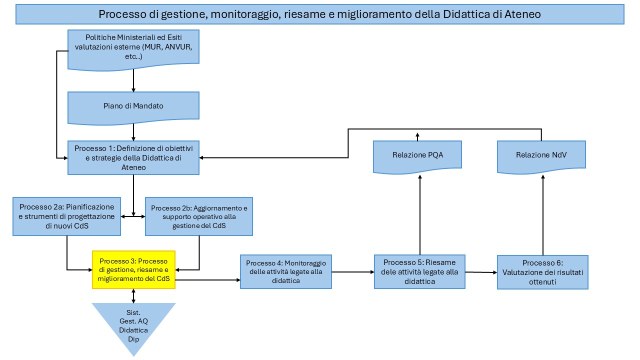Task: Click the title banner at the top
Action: point(319,14)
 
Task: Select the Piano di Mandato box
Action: point(133,107)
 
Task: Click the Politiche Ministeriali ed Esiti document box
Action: point(133,49)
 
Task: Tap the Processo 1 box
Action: point(133,157)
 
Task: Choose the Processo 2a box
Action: point(66,216)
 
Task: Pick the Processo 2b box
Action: point(199,216)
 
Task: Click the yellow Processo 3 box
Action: point(133,269)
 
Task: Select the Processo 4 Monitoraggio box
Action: point(285,271)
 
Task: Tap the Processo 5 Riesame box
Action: point(419,271)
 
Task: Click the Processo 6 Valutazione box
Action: point(542,272)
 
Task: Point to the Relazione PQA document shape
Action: point(417,157)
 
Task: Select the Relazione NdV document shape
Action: point(541,157)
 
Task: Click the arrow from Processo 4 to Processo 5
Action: point(353,272)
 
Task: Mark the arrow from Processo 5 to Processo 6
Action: point(481,272)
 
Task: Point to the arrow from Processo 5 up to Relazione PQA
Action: point(420,215)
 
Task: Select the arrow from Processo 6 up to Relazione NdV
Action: point(543,215)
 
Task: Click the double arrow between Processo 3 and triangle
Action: point(133,295)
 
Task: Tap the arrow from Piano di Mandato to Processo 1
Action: point(133,132)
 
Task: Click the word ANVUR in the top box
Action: point(178,47)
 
